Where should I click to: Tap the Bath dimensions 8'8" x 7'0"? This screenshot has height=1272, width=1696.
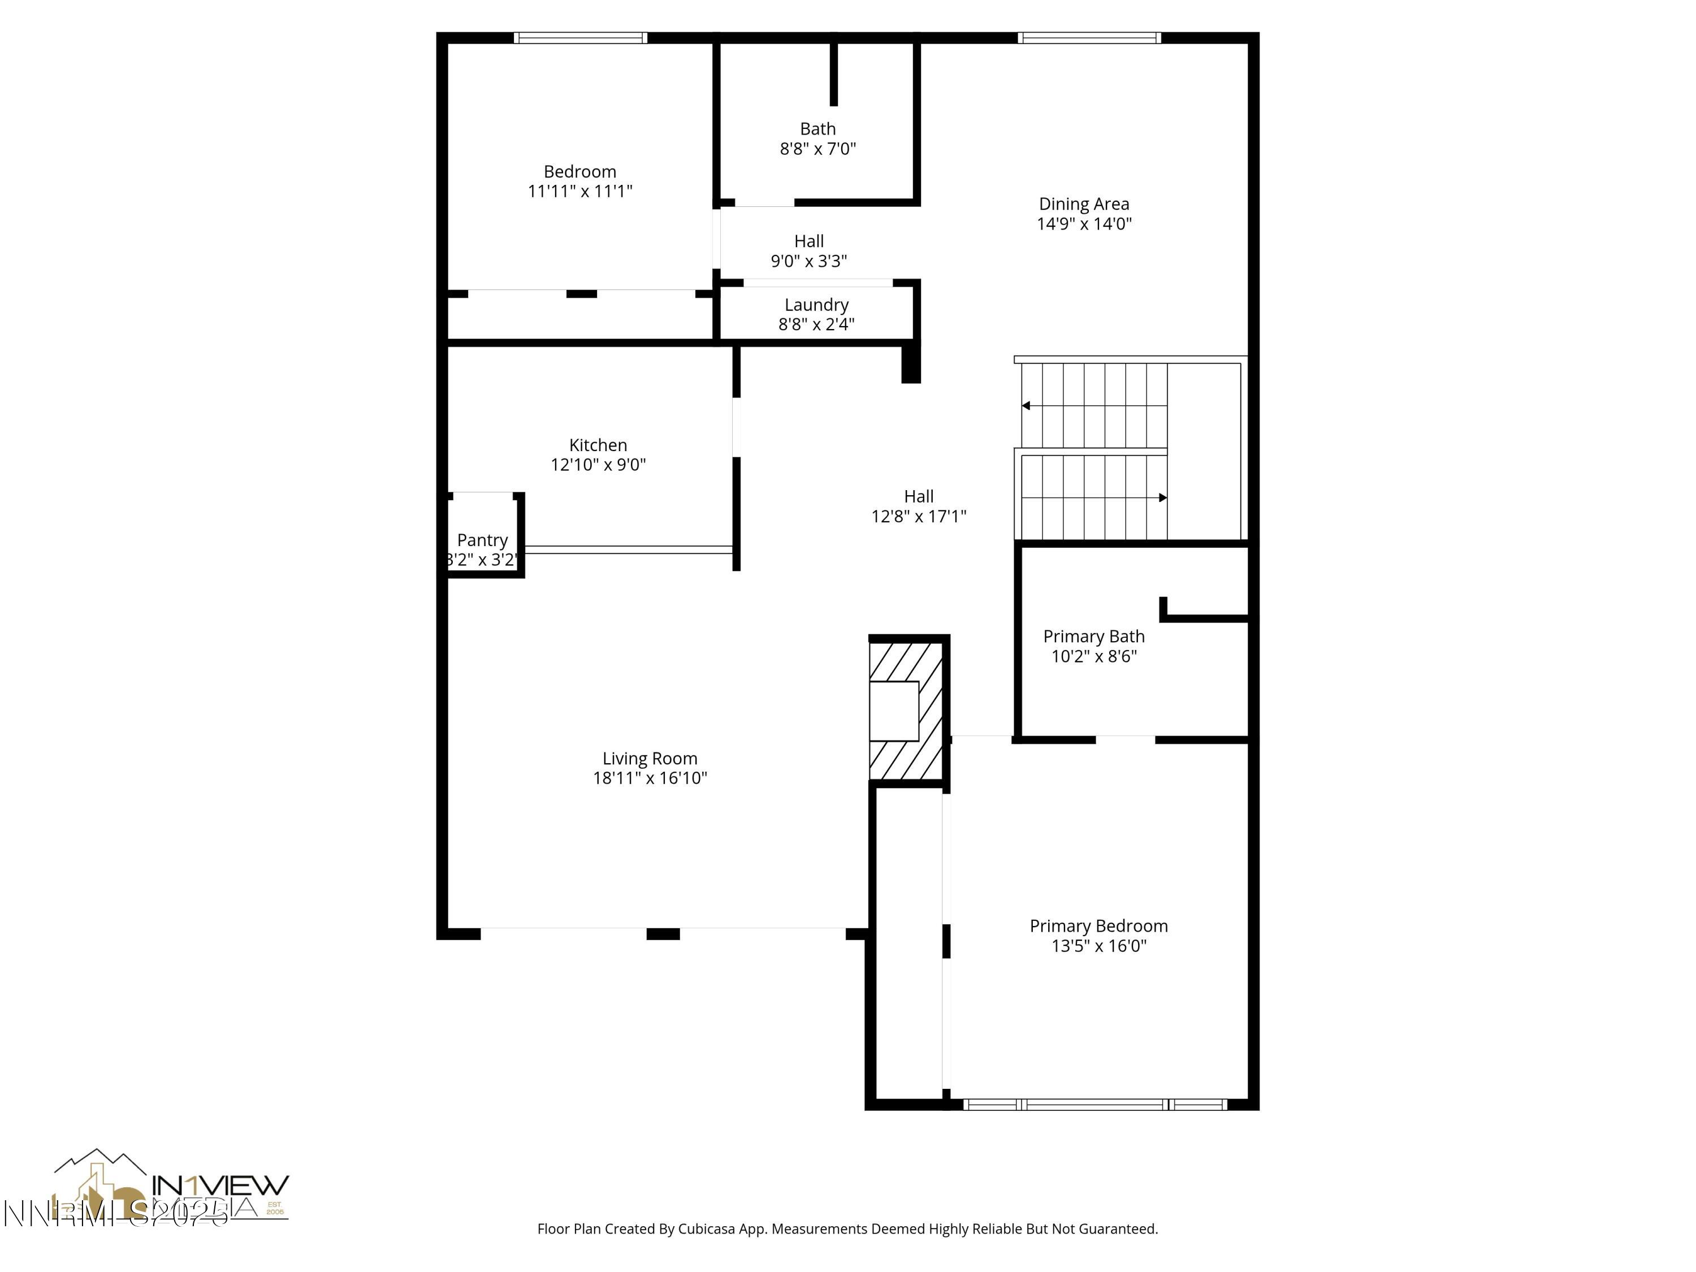817,149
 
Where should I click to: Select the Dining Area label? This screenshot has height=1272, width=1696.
1083,204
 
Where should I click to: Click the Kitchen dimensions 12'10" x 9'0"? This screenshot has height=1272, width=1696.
598,465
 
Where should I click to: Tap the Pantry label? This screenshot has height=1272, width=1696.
482,540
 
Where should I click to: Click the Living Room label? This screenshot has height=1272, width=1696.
650,758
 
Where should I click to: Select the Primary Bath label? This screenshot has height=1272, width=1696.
1093,637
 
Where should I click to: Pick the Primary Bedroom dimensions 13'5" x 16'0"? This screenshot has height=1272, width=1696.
1098,945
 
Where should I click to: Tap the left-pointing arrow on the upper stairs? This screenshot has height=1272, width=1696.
1026,405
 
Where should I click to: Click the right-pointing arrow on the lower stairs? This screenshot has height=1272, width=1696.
1162,497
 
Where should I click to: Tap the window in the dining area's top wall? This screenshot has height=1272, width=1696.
1089,37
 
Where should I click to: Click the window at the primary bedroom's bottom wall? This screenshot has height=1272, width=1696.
1095,1105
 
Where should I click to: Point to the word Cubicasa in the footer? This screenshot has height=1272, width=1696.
707,1229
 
